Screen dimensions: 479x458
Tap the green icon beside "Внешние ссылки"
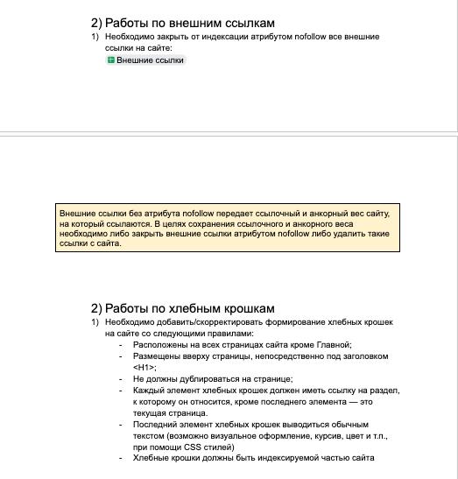(x=111, y=60)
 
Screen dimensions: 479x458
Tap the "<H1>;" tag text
(x=144, y=368)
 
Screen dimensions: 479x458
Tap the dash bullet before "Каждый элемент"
(x=121, y=391)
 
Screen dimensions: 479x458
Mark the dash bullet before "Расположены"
(x=121, y=345)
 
